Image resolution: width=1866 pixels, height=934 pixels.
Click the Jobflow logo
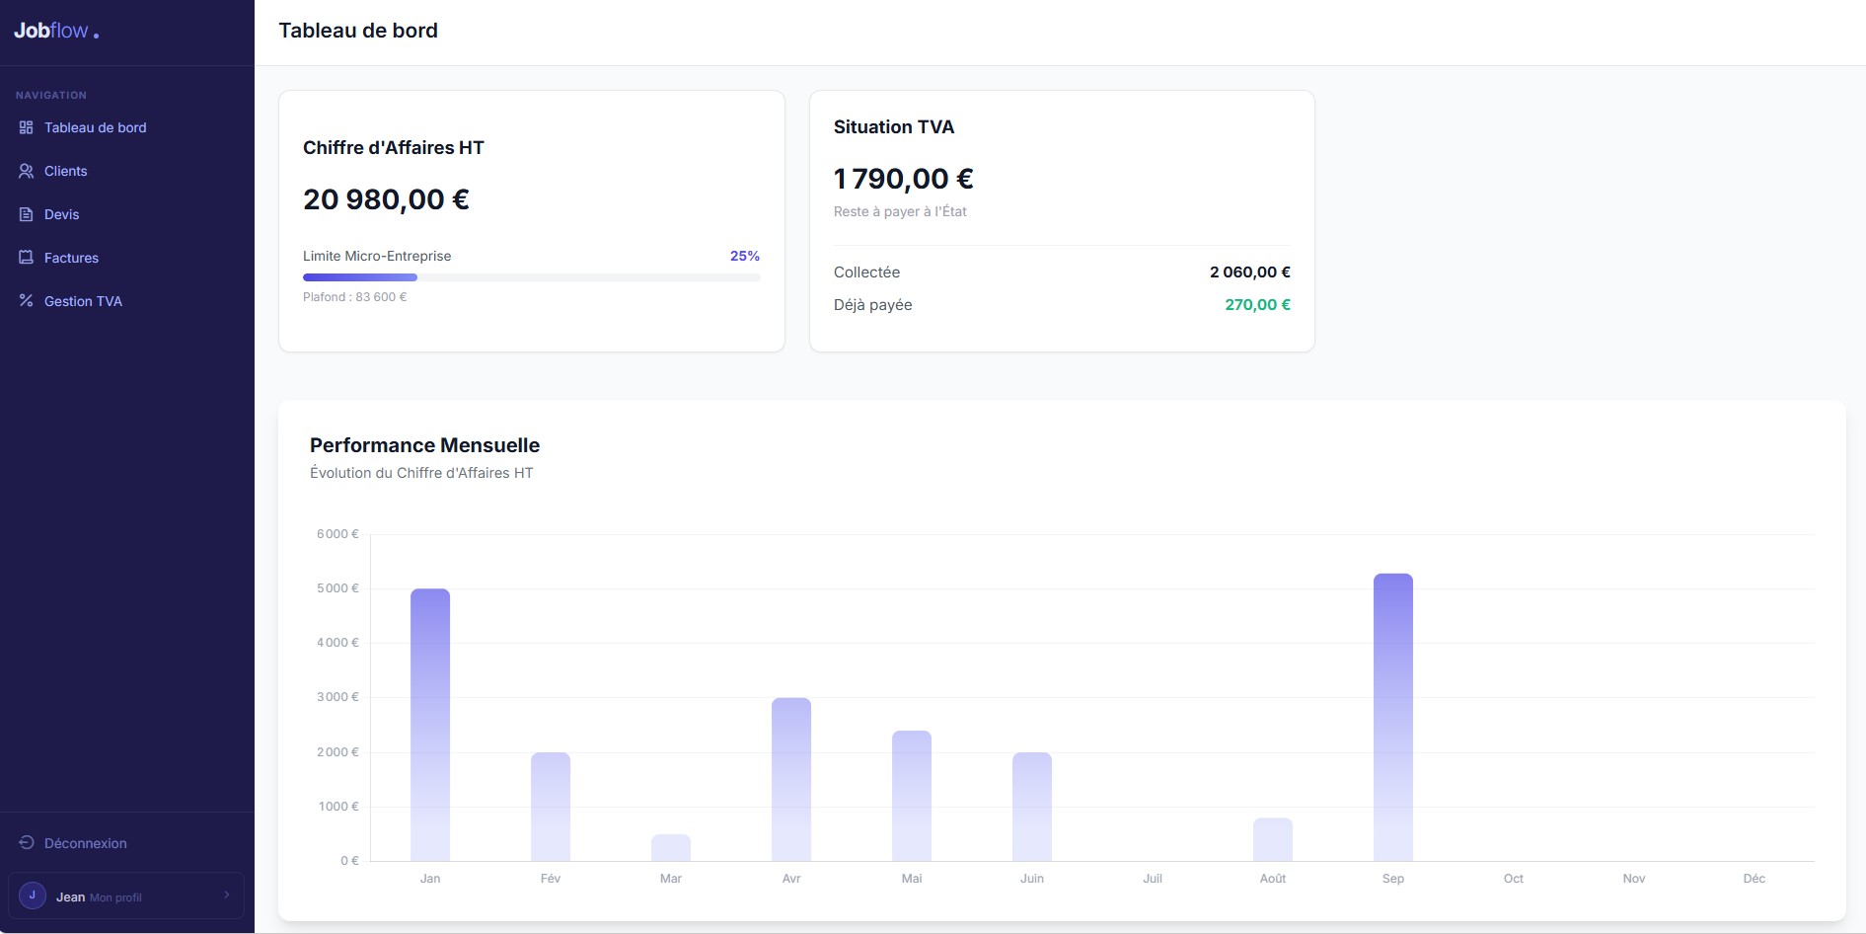(56, 32)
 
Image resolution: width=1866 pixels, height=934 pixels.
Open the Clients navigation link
(65, 171)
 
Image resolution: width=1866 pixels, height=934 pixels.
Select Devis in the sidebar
(61, 214)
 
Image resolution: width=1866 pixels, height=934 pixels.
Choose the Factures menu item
(71, 258)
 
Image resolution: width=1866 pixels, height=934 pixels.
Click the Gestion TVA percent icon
(27, 301)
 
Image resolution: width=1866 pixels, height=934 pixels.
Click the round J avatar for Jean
(33, 895)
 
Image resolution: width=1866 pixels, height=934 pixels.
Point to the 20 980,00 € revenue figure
(386, 199)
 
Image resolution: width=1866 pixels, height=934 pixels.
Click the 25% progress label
(745, 256)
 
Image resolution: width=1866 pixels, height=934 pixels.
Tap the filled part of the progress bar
(360, 277)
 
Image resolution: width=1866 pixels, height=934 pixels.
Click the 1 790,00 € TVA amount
(904, 179)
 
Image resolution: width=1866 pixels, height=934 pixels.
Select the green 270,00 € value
(1257, 305)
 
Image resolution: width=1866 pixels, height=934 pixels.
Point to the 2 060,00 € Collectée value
(1250, 272)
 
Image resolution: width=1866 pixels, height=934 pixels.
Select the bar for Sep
(1393, 718)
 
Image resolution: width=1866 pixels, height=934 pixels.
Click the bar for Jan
(430, 725)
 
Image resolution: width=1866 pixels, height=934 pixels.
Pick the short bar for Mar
(671, 847)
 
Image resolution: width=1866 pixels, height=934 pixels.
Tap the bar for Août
(1273, 839)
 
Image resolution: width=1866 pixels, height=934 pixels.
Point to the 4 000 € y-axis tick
(337, 643)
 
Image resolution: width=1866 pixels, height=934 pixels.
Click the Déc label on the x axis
(1754, 879)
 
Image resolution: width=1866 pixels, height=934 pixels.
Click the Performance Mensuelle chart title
(424, 445)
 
